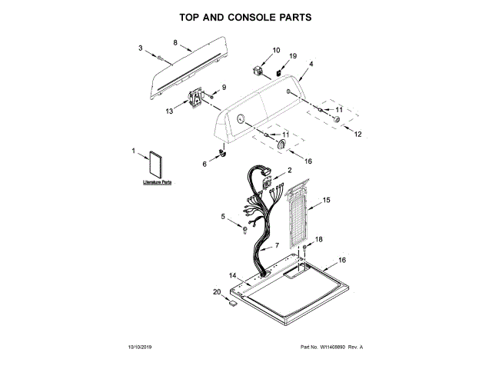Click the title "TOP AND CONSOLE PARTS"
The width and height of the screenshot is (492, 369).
[x=245, y=16]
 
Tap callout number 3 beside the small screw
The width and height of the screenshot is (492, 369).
[x=141, y=48]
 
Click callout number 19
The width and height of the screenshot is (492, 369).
[x=293, y=57]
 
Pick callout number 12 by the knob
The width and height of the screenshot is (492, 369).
[x=357, y=134]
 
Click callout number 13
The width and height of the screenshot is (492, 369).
[x=170, y=111]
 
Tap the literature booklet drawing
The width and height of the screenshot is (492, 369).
[x=157, y=166]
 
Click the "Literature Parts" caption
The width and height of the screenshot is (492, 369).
[x=157, y=184]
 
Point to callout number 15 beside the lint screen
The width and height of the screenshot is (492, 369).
[x=327, y=200]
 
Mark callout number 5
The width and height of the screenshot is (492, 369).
[x=224, y=218]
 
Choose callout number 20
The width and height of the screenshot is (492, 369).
[x=216, y=291]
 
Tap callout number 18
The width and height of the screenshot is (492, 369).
[x=319, y=240]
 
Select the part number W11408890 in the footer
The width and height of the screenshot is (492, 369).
[x=334, y=347]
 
